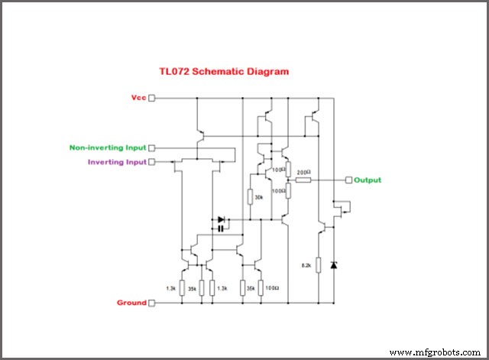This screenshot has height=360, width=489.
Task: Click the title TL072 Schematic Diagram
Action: (x=235, y=72)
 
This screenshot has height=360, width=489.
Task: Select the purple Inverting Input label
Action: (x=115, y=162)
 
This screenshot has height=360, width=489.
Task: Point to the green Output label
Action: (x=368, y=180)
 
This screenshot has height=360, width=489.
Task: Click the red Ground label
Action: (x=131, y=303)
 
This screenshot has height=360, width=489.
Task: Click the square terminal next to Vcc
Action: (x=151, y=98)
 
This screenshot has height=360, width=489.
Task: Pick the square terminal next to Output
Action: (x=349, y=180)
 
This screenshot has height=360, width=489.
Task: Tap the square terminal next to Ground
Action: (x=151, y=303)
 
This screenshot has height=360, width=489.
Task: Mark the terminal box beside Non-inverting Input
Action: (x=151, y=148)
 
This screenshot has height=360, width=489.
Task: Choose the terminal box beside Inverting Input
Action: (x=151, y=162)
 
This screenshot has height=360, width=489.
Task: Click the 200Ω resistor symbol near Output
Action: (x=303, y=180)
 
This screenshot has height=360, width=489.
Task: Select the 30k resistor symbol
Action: (x=250, y=196)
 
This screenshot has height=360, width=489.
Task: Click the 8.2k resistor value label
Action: (x=306, y=265)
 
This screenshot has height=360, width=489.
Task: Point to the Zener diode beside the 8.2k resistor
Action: (x=333, y=264)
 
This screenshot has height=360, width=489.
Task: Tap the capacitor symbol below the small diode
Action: (x=220, y=228)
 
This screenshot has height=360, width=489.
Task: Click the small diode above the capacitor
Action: (x=221, y=219)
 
